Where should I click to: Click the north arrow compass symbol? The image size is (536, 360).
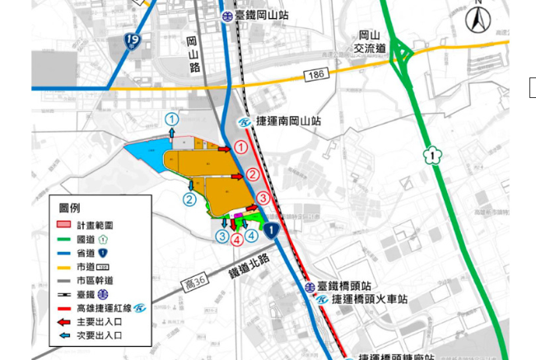478,19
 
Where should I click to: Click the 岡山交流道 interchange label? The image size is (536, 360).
371,41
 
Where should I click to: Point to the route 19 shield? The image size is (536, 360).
133,39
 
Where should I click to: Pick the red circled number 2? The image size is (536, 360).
254,175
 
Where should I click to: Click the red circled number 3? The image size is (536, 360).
263,198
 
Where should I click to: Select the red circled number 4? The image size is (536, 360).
236,240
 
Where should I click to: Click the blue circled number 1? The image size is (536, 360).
171,119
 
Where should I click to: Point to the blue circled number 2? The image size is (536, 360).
189,199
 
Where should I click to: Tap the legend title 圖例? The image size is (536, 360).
69,208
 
